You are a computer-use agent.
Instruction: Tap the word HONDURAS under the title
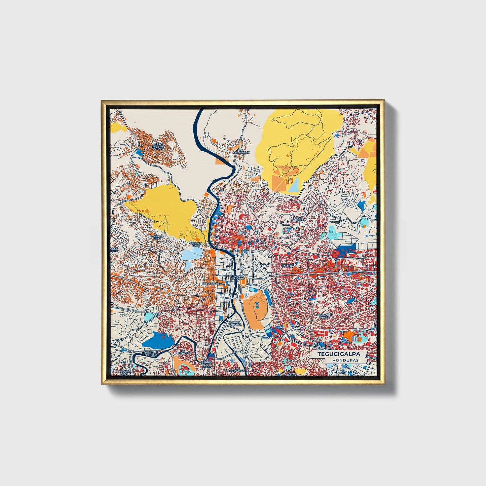coord(345,360)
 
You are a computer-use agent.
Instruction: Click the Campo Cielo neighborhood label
coord(157,237)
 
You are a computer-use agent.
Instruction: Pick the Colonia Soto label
coord(196,244)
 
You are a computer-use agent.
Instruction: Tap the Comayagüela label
coord(213,284)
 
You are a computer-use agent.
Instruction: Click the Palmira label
coord(288,266)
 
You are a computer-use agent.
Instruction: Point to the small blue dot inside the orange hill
coord(257,305)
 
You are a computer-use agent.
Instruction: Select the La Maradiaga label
coord(236,370)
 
